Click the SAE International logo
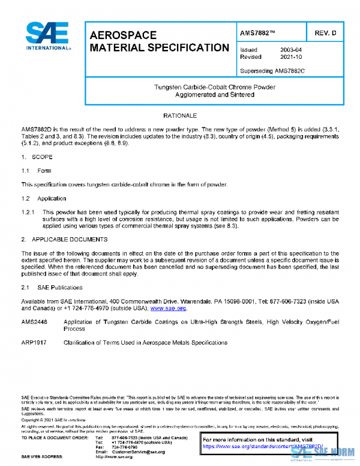pyautogui.click(x=48, y=37)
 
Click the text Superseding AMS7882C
pyautogui.click(x=272, y=70)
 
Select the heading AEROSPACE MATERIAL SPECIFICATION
pyautogui.click(x=159, y=41)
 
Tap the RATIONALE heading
pyautogui.click(x=180, y=114)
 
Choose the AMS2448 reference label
pyautogui.click(x=35, y=322)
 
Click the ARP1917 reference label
pyautogui.click(x=35, y=342)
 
